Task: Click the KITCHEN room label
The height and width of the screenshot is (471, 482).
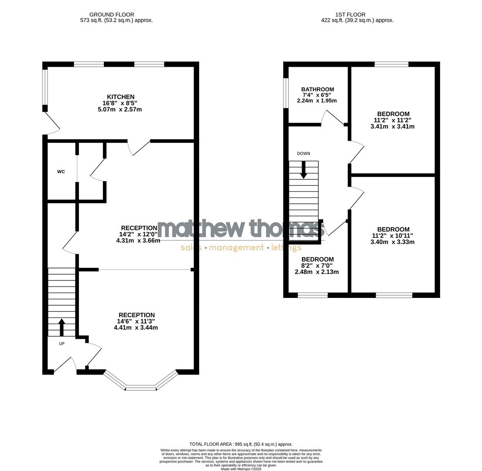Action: (121, 97)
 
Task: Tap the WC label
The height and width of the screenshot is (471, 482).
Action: (61, 172)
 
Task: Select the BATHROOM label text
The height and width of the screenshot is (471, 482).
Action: (318, 89)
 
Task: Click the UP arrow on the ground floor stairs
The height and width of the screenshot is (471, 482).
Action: (61, 327)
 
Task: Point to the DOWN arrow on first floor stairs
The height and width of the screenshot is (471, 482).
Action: (303, 170)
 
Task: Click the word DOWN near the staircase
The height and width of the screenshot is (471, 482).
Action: (303, 154)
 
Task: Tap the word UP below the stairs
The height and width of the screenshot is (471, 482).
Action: (61, 344)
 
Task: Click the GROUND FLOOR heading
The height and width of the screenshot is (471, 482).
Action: (112, 14)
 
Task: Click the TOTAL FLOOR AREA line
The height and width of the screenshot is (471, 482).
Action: (241, 444)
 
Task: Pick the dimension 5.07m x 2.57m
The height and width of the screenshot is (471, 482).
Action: (120, 109)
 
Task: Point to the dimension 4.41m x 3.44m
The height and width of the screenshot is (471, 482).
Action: (136, 328)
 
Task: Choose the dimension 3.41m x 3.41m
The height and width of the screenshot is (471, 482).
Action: (392, 127)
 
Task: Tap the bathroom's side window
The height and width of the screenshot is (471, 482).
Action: (286, 92)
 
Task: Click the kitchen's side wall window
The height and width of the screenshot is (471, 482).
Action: (44, 87)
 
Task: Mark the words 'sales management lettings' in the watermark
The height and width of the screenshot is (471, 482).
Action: (241, 248)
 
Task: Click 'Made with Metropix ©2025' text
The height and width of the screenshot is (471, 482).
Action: (241, 469)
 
